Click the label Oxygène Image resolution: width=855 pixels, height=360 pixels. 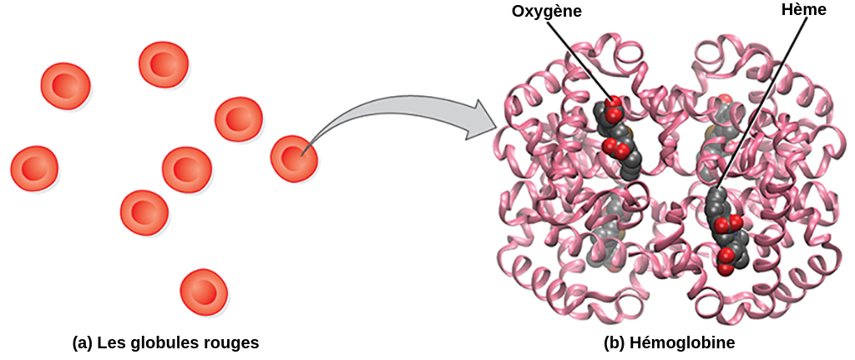(546, 12)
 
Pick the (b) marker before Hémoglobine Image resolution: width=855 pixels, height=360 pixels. (614, 343)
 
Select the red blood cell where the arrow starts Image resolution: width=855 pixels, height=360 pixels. (294, 158)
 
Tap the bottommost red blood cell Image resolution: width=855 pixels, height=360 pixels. (204, 292)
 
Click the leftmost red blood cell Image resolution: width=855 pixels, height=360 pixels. (33, 169)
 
